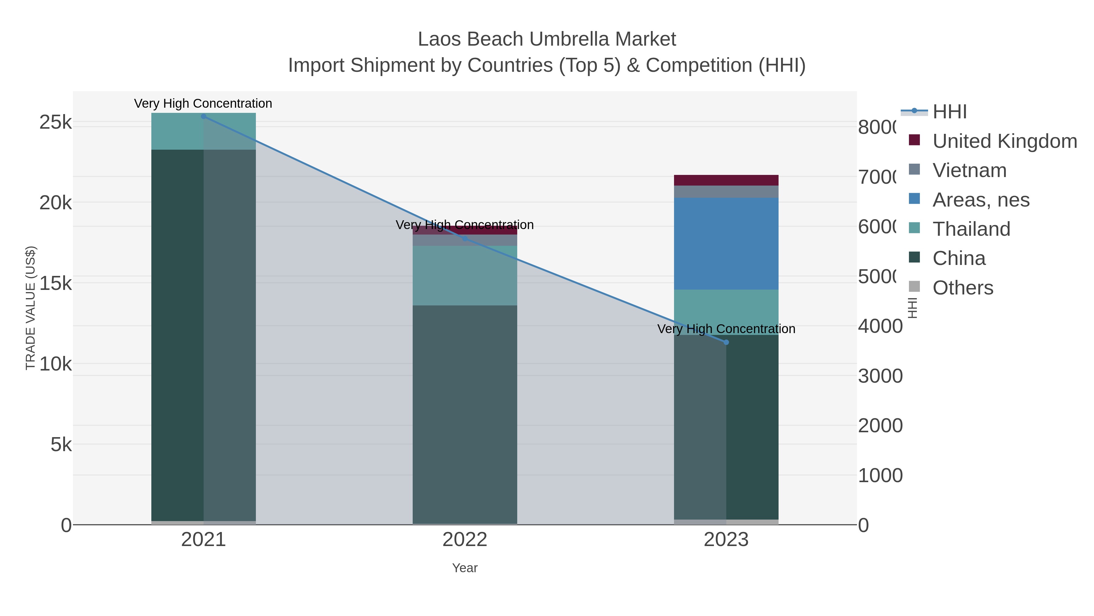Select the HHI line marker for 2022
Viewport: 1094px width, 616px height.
465,238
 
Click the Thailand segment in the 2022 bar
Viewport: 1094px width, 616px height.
465,276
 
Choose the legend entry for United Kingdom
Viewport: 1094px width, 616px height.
1004,141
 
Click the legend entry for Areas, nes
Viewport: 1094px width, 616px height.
981,200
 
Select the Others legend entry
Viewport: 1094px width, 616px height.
962,288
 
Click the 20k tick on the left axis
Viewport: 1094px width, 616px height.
56,203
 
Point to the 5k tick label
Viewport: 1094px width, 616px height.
61,445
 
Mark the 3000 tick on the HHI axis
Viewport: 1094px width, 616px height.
880,376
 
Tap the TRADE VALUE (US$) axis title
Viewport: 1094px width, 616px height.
31,308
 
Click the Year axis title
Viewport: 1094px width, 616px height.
465,568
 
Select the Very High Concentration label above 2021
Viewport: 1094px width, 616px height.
203,104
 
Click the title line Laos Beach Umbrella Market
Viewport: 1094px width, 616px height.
547,39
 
